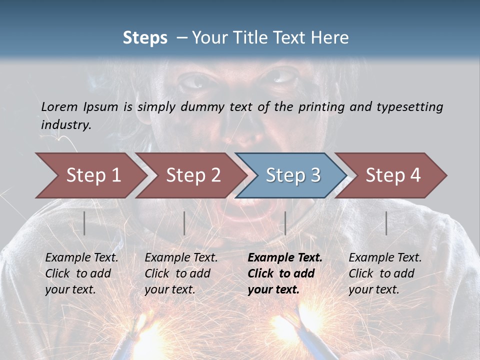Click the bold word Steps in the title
(x=145, y=38)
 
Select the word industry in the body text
(x=65, y=125)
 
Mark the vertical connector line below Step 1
(x=84, y=223)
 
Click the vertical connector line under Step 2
(x=184, y=223)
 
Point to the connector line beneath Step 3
(x=285, y=223)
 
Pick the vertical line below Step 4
(x=386, y=223)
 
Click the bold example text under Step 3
(x=284, y=273)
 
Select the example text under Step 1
(x=81, y=273)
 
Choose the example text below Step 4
(x=385, y=273)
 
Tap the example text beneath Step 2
(x=181, y=273)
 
